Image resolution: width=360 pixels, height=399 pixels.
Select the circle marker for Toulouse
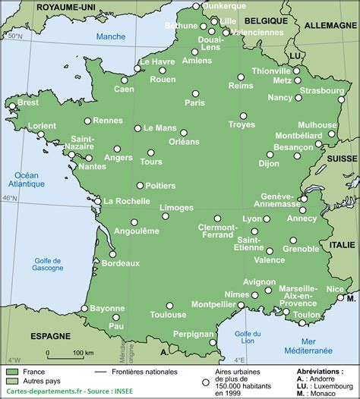[170, 306]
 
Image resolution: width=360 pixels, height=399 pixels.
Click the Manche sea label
[111, 36]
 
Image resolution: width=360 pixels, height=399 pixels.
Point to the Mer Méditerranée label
[308, 346]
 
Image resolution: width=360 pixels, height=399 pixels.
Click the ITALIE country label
[342, 244]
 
